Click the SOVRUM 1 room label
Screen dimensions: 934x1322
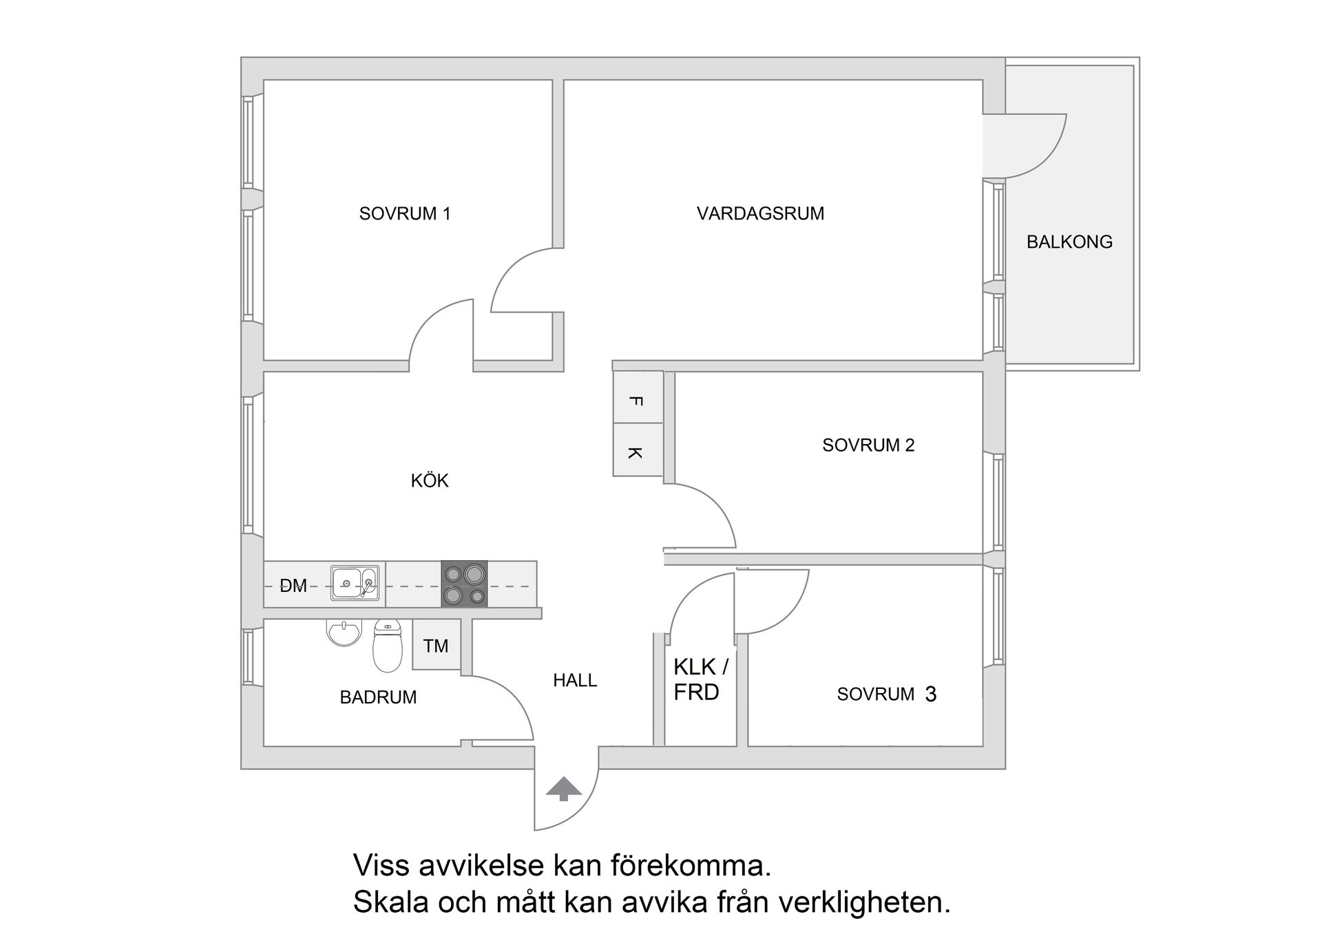(x=404, y=213)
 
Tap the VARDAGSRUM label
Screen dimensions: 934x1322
(x=760, y=213)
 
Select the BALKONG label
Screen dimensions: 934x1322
(x=1069, y=242)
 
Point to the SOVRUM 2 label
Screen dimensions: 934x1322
(x=868, y=445)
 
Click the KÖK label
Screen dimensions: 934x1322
(x=430, y=480)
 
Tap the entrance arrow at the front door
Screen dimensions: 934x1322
(x=564, y=788)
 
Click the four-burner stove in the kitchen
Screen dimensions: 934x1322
(x=464, y=584)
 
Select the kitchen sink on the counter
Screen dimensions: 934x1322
(x=354, y=583)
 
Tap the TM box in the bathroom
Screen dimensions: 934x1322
(x=436, y=646)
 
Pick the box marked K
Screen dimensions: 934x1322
(x=638, y=451)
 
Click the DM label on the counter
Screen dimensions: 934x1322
(x=293, y=586)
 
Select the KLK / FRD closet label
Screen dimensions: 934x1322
(x=700, y=679)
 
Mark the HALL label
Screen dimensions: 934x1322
(x=575, y=680)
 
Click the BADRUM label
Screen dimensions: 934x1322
(x=378, y=697)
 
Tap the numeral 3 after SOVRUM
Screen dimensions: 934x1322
(x=931, y=694)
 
